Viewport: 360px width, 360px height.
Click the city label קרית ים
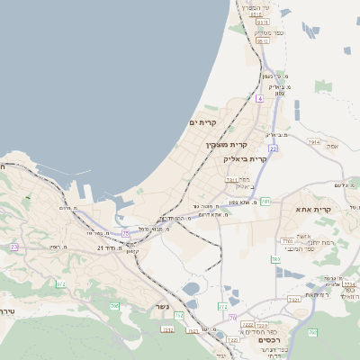[203, 121]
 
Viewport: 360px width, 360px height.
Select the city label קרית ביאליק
[246, 158]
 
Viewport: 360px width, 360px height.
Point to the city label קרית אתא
[313, 210]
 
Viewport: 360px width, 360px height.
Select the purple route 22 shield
[273, 148]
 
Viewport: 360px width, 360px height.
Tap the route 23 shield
[13, 247]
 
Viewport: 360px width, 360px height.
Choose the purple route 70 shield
[232, 318]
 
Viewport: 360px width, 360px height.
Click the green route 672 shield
[61, 284]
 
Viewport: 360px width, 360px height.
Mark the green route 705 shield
[114, 307]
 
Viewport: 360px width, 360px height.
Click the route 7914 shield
[313, 142]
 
